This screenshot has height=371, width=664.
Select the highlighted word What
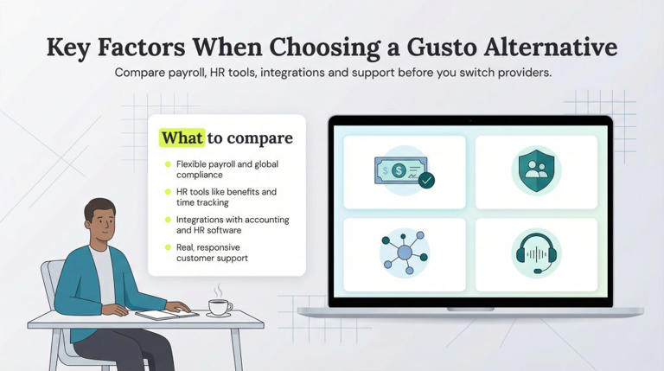click(182, 138)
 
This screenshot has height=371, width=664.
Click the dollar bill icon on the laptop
click(399, 170)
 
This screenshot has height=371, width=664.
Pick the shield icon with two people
click(536, 171)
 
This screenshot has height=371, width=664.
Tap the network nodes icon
click(405, 255)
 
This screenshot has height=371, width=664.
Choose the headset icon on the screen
click(536, 254)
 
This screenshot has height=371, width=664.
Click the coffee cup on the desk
click(220, 307)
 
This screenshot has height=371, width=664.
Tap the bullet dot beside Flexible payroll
click(168, 163)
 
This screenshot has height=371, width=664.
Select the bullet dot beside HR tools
click(168, 191)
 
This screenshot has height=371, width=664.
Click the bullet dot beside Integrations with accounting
click(168, 220)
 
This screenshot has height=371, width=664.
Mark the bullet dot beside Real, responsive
click(168, 247)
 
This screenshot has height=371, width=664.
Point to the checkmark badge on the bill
click(426, 181)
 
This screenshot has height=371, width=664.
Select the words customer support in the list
click(212, 258)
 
